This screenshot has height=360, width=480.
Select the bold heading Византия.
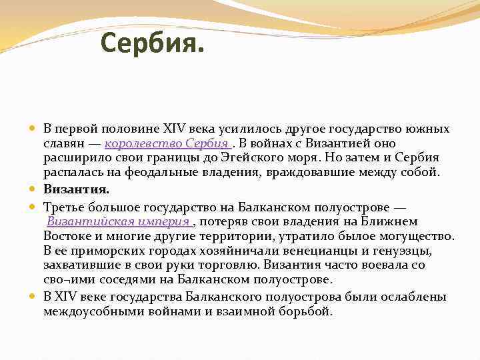point(76,189)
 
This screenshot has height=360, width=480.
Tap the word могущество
point(417,236)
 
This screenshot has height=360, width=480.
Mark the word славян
point(63,143)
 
